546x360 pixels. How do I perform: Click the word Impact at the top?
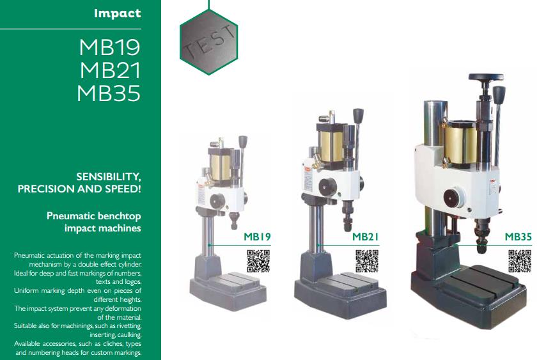(x=118, y=13)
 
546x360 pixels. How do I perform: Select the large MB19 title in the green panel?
(x=109, y=47)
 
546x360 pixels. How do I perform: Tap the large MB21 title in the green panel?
(x=110, y=70)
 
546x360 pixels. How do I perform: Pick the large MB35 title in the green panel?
(x=109, y=93)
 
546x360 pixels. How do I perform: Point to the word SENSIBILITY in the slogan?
(x=109, y=177)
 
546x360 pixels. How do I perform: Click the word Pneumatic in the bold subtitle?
(x=71, y=216)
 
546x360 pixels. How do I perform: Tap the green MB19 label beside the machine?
(x=257, y=237)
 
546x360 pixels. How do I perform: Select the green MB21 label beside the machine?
(x=365, y=237)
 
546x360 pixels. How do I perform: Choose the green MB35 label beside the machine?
(x=518, y=237)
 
